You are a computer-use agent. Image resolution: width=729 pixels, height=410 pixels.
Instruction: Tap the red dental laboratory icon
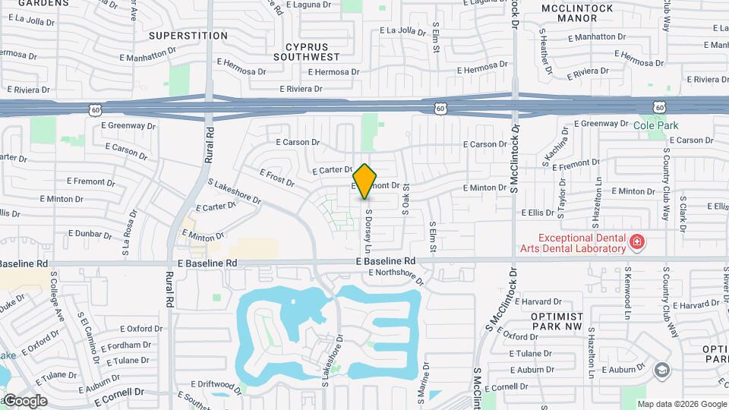(637, 242)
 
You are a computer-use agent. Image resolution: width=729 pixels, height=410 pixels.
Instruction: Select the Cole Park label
(655, 125)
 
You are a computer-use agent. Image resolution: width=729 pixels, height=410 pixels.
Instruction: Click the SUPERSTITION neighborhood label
(188, 36)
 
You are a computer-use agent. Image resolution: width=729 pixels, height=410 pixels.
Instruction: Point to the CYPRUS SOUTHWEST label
(307, 51)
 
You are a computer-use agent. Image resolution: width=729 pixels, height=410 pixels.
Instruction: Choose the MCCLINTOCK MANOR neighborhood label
(577, 15)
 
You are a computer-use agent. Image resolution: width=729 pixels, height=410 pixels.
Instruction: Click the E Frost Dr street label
(276, 178)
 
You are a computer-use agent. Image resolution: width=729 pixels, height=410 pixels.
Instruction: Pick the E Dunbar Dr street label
(90, 233)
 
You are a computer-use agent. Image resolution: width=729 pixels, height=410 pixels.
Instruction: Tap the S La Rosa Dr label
(126, 238)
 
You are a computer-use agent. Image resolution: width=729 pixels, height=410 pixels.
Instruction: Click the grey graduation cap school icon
(661, 370)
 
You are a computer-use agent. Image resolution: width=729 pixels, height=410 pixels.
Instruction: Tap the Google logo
(24, 400)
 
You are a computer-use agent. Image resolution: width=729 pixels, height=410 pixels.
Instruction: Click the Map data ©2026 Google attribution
(682, 404)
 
